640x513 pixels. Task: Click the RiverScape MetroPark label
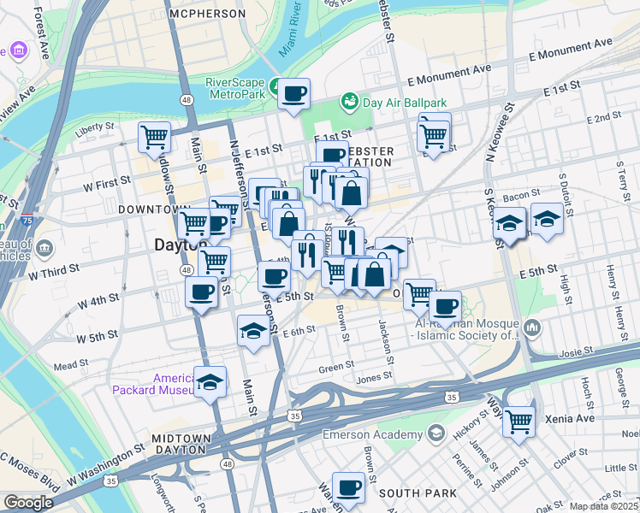(234, 88)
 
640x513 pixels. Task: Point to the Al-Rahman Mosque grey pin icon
(533, 327)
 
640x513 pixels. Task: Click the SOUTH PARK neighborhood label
(409, 493)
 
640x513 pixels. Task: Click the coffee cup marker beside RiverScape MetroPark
(293, 94)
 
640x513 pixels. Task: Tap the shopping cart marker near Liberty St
(154, 137)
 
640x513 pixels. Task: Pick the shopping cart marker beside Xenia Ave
(519, 422)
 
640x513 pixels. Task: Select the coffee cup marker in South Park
(348, 488)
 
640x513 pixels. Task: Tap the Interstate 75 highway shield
(27, 219)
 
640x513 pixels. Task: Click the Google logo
(28, 503)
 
